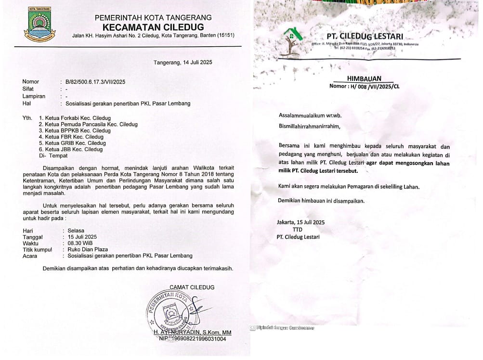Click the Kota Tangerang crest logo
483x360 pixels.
39,28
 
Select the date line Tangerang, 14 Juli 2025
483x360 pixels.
183,63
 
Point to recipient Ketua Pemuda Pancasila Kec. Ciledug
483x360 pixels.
88,124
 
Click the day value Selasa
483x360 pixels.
76,231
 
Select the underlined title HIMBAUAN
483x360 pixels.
364,78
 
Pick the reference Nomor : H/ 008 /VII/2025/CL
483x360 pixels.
364,86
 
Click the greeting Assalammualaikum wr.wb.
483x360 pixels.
309,116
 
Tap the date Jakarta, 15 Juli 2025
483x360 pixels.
301,222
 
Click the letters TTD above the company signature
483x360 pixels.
298,230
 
